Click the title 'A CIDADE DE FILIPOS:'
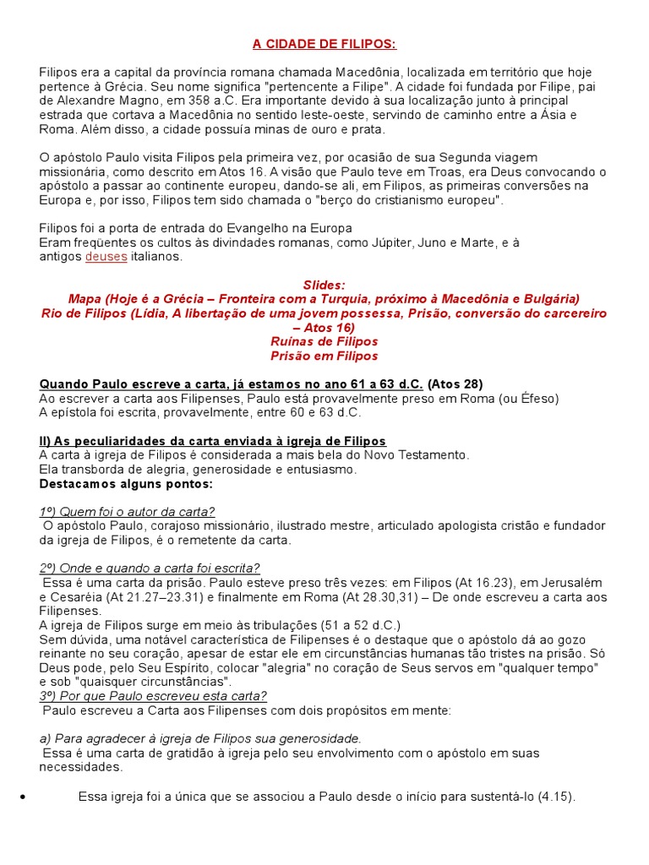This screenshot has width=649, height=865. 324,44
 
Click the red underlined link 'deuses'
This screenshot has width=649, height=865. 106,257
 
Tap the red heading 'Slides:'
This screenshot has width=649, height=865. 324,285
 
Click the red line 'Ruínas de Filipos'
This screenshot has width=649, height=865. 324,341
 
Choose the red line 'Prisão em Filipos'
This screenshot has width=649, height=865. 324,356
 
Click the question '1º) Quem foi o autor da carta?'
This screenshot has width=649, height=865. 127,512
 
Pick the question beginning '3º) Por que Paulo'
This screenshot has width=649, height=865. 153,696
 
